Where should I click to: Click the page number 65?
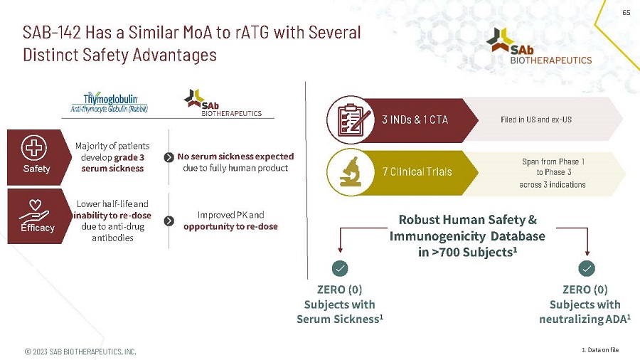(x=626, y=13)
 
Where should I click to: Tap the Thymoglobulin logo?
(x=110, y=102)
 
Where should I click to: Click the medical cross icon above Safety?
(x=34, y=147)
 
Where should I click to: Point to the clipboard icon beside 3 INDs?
(x=352, y=120)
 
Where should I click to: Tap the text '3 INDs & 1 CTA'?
(x=415, y=120)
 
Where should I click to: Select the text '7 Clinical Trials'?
(x=417, y=172)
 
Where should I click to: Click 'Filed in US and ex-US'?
(x=536, y=120)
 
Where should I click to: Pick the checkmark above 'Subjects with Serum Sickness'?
(x=340, y=268)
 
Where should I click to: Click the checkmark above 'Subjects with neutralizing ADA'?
(x=587, y=268)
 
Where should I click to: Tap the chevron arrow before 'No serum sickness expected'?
(x=169, y=157)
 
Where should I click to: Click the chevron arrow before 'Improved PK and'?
(x=169, y=221)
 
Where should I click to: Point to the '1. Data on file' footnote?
(x=600, y=350)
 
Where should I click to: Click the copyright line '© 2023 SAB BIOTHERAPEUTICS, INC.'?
(x=80, y=351)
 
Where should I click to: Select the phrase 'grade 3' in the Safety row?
(x=129, y=157)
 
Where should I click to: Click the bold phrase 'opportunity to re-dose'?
(x=230, y=226)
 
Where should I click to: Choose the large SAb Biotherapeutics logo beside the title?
(x=539, y=46)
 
